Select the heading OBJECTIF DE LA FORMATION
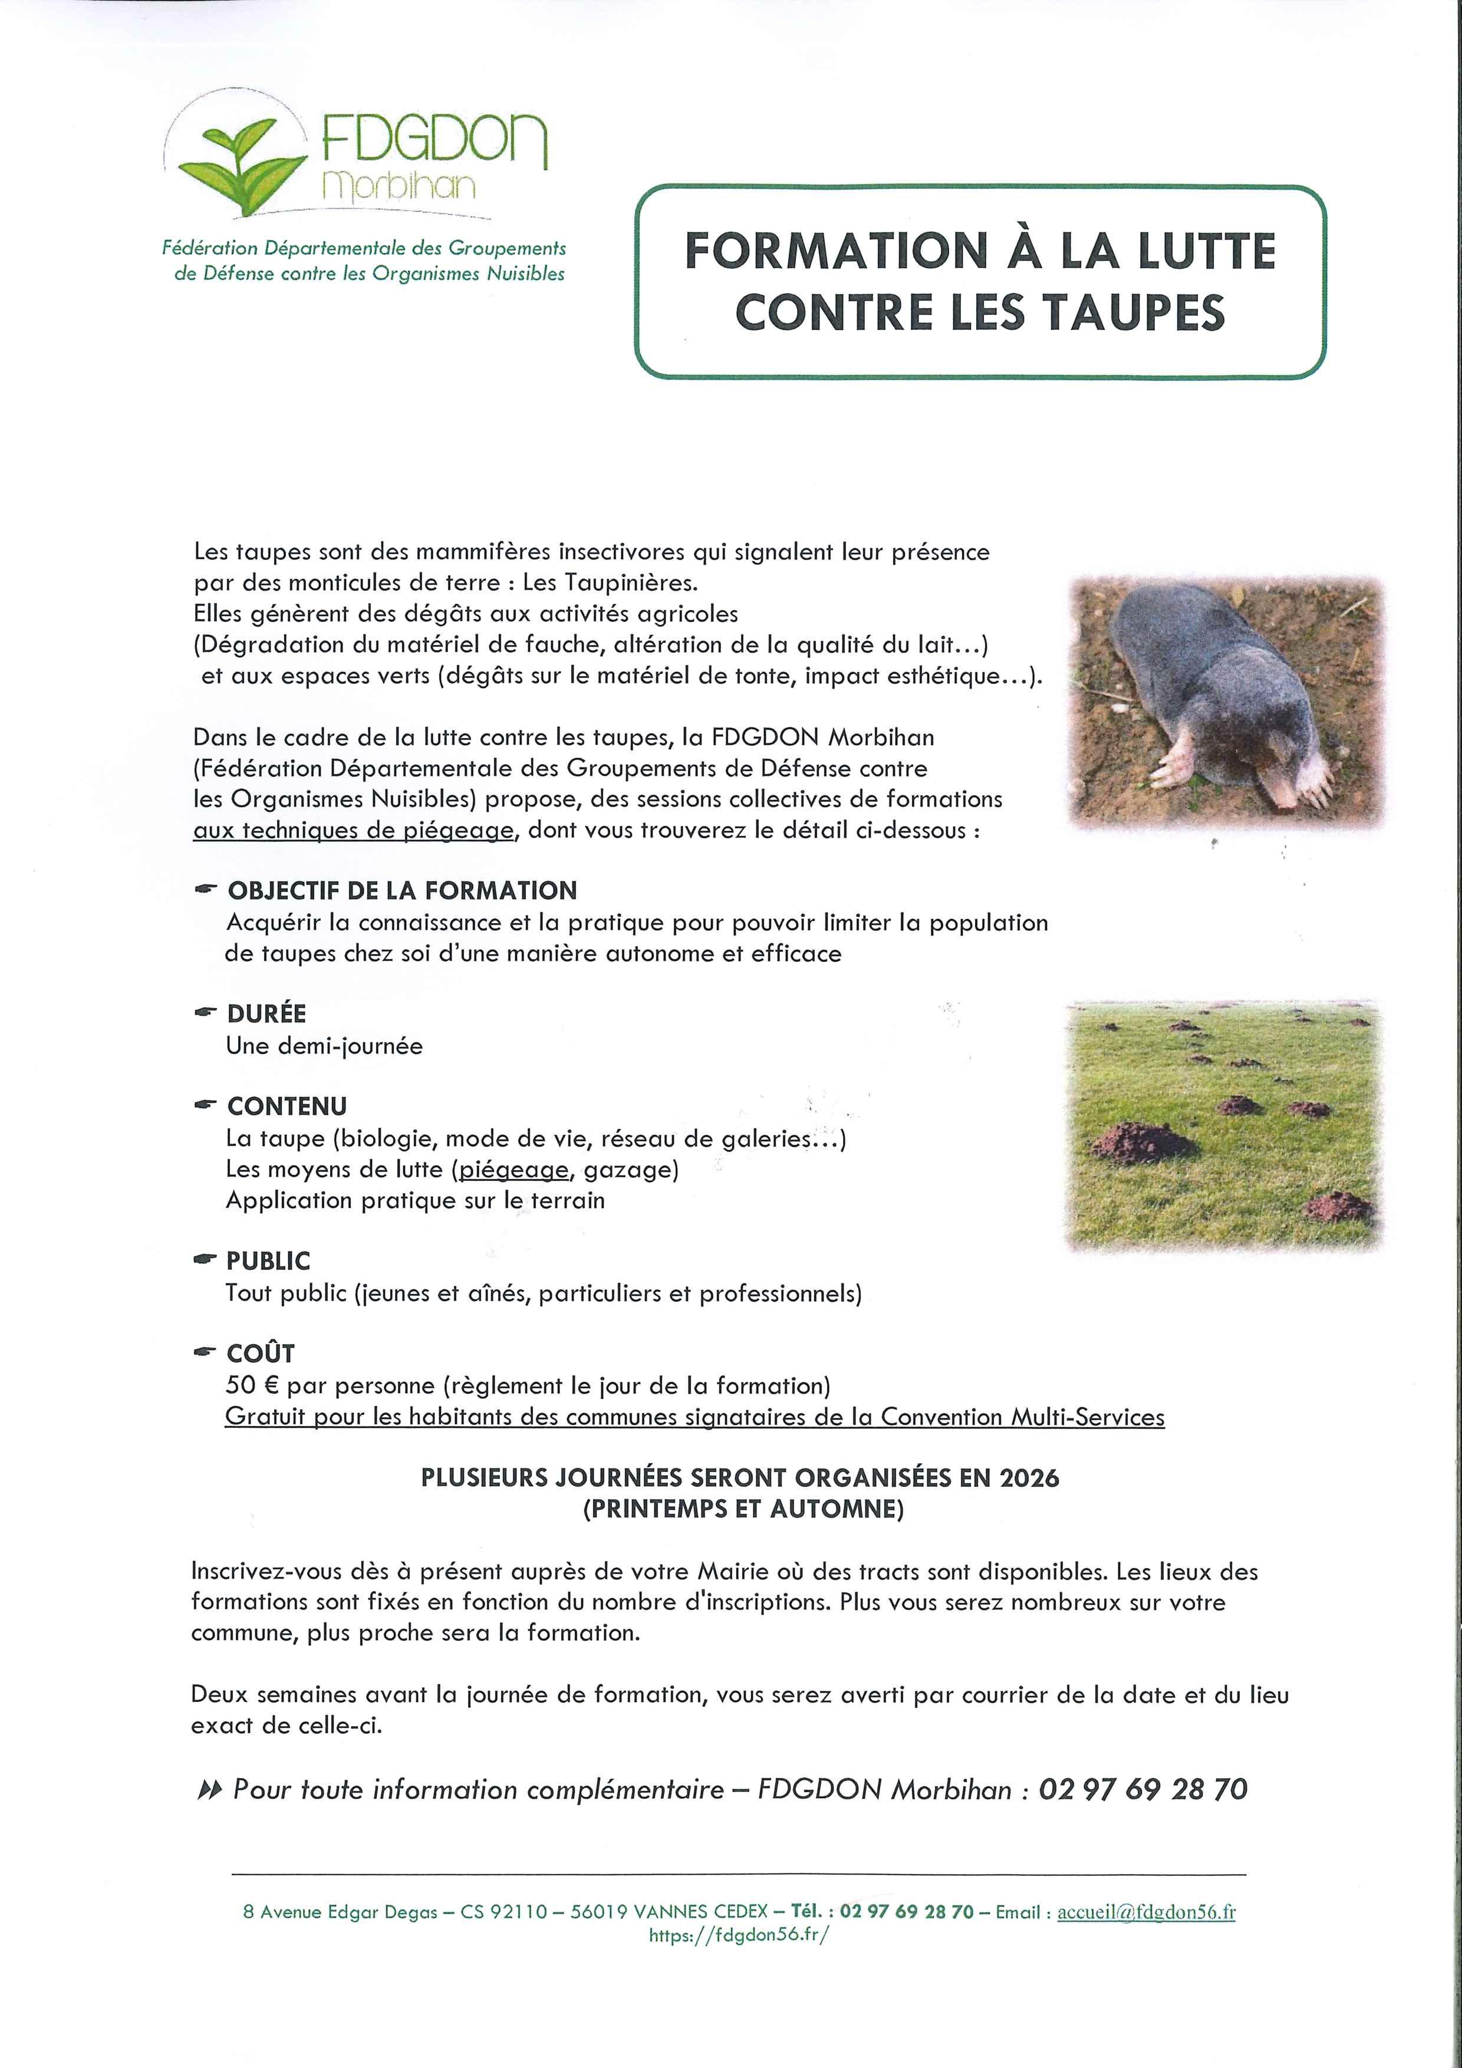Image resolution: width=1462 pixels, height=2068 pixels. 402,891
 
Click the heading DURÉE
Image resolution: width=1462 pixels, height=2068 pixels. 266,1014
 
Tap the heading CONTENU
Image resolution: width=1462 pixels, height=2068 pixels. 287,1106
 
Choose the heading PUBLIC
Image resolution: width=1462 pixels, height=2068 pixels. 268,1261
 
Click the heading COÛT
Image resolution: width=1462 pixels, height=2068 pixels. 261,1354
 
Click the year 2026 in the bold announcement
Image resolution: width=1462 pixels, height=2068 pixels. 1029,1478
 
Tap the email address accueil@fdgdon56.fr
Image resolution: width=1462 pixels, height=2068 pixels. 1146,1912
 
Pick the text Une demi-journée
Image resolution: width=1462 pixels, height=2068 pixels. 324,1046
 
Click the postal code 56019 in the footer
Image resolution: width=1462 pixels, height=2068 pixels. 599,1912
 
